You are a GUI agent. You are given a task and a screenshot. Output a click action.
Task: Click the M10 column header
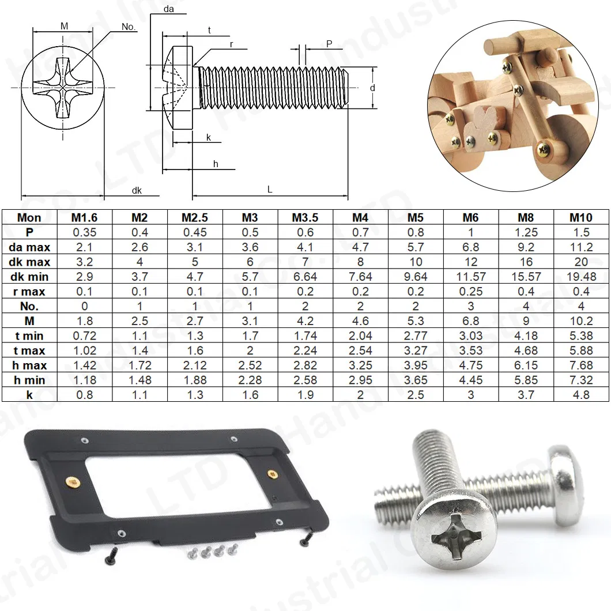581,217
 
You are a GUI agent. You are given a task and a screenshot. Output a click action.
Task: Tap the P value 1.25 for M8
526,232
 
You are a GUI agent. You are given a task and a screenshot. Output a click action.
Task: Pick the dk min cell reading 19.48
581,277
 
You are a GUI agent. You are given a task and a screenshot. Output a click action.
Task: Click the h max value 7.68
581,365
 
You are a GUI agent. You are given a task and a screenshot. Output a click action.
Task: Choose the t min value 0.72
84,335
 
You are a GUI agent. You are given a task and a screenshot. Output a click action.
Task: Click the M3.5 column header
305,217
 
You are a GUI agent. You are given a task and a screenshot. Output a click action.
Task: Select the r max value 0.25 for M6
470,292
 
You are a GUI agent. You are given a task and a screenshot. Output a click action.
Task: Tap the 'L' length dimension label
270,189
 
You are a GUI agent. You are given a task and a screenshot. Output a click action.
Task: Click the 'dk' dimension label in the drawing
137,190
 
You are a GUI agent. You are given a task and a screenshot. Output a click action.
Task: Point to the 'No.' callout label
129,27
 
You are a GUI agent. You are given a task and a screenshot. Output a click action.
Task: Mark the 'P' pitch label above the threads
329,44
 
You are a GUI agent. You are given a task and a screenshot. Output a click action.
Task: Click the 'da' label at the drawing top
169,9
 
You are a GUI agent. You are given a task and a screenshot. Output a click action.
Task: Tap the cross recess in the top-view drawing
62,87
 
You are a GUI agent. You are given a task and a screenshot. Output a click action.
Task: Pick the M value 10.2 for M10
581,321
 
